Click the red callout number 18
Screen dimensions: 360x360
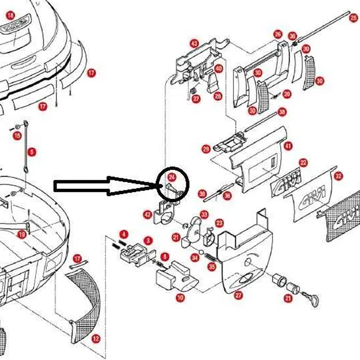point(10,15)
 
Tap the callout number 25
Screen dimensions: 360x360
point(354,18)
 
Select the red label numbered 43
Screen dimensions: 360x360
point(194,44)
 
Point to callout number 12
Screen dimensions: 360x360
point(96,339)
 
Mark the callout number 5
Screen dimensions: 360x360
point(32,152)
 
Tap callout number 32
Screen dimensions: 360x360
point(338,176)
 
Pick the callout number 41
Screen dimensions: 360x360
point(288,146)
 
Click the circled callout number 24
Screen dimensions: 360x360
point(172,177)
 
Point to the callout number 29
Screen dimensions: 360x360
point(206,149)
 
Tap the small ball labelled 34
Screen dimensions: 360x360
point(201,251)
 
